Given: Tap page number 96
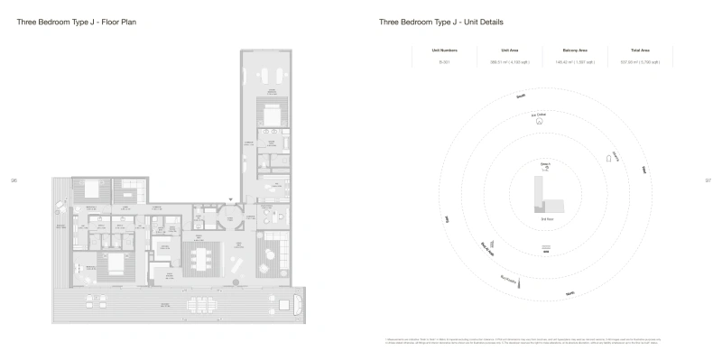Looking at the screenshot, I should click(14, 180).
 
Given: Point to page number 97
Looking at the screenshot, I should click(708, 180).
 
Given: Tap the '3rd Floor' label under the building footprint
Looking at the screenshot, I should click(546, 219).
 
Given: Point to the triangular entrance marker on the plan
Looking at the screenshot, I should click(231, 198).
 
